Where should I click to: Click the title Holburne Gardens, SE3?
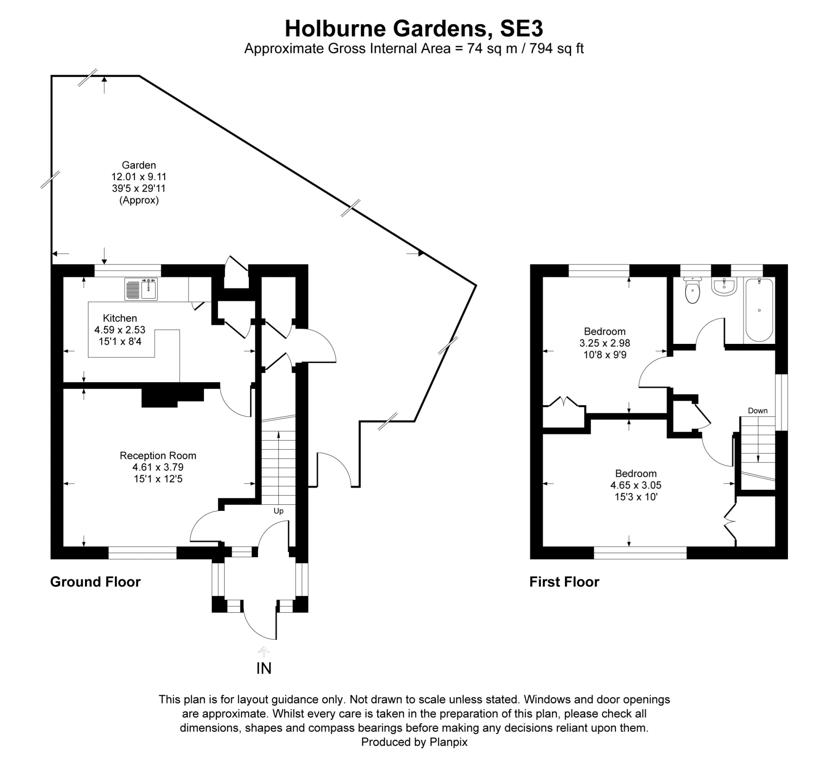(x=414, y=29)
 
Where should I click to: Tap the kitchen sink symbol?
(x=141, y=289)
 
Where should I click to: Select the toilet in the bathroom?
(x=692, y=292)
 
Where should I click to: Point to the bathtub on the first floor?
(x=759, y=310)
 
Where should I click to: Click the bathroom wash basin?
(x=724, y=287)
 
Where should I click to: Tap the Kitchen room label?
(x=120, y=318)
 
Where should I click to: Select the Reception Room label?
(x=158, y=456)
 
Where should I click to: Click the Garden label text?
(x=139, y=165)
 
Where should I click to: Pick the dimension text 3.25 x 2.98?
(x=605, y=343)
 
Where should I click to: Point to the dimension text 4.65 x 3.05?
(x=636, y=485)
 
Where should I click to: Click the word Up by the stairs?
(x=279, y=511)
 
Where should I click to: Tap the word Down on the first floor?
(x=758, y=411)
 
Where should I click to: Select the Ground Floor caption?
(x=95, y=582)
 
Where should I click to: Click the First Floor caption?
(x=564, y=582)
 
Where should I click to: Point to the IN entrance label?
(x=264, y=668)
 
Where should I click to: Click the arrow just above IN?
(x=264, y=652)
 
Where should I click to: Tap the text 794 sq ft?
(x=556, y=49)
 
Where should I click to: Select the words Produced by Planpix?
(x=414, y=742)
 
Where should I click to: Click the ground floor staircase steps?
(x=279, y=466)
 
